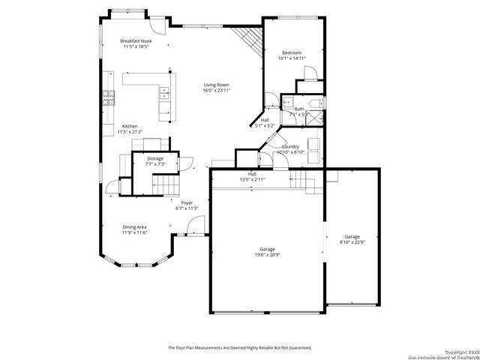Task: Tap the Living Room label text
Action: (216, 85)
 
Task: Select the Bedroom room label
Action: (292, 52)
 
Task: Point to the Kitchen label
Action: (130, 126)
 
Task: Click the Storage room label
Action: (155, 158)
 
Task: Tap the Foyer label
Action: (187, 202)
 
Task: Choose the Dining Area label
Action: (135, 227)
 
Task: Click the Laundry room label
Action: (290, 146)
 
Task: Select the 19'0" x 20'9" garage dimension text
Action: (267, 255)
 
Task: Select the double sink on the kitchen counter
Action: (163, 93)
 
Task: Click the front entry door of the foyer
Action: (195, 225)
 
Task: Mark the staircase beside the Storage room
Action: (167, 183)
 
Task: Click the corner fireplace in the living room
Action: (247, 36)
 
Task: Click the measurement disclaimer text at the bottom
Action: (239, 347)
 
